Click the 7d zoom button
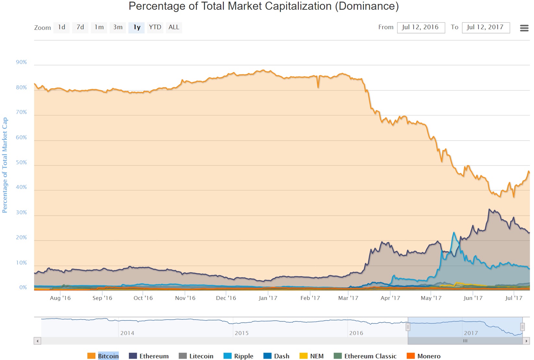tap(80, 27)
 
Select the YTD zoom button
tap(155, 27)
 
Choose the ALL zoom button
tap(174, 27)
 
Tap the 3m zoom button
tap(118, 27)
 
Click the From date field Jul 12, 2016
tap(421, 27)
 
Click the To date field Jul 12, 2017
tap(486, 27)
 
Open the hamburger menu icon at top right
tap(524, 28)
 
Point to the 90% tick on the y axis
tap(21, 62)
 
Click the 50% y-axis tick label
tap(21, 163)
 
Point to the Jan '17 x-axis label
tap(268, 298)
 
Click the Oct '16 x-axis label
tap(143, 298)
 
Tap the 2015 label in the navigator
tap(242, 333)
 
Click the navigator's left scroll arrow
tap(38, 341)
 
